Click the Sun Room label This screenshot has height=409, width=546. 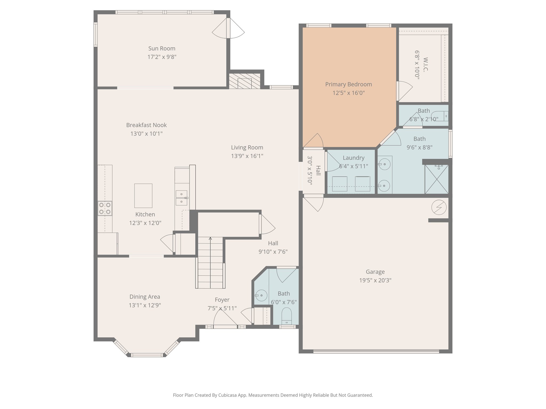162,48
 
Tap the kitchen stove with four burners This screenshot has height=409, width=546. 105,208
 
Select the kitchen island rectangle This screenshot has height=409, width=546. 143,196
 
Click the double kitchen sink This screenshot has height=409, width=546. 181,198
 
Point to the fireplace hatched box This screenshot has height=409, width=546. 244,81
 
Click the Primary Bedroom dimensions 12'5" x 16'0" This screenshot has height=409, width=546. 348,93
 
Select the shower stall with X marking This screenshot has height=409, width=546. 436,179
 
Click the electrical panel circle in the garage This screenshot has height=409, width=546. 439,207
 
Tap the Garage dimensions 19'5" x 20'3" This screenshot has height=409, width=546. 375,280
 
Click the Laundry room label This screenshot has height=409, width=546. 354,158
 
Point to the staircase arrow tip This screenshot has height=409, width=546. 210,238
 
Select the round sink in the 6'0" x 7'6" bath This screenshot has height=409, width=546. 261,295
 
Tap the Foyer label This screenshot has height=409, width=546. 222,300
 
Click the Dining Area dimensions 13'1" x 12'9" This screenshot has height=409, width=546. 145,305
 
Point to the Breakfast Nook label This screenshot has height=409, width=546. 146,125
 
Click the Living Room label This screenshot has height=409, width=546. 247,147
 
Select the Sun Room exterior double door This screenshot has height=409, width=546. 228,28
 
